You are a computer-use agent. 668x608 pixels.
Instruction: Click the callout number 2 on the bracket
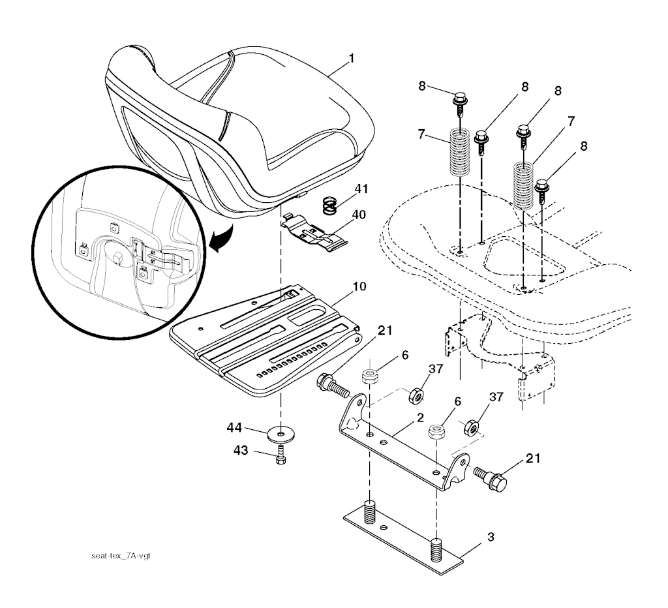[421, 416]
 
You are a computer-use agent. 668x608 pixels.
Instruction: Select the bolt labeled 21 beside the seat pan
[332, 384]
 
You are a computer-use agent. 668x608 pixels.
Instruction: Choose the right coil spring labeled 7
[526, 185]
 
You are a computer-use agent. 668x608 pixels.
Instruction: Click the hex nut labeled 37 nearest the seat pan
[414, 395]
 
